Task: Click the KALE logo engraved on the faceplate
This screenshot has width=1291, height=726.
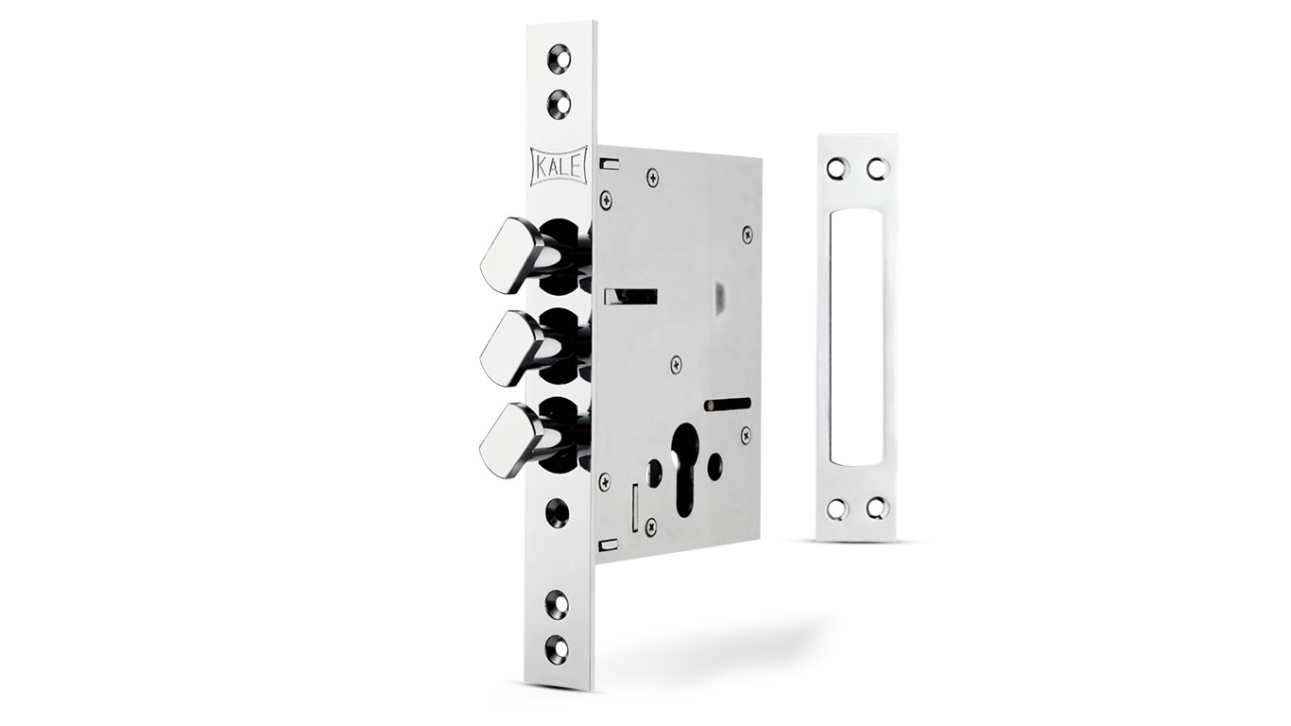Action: tap(558, 165)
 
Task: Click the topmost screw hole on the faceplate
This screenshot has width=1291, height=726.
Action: tap(559, 59)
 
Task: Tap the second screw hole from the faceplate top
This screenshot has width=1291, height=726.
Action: tap(559, 104)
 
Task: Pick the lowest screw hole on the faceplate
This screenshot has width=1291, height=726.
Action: tap(558, 648)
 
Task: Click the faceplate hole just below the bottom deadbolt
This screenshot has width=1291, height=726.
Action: tap(558, 512)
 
